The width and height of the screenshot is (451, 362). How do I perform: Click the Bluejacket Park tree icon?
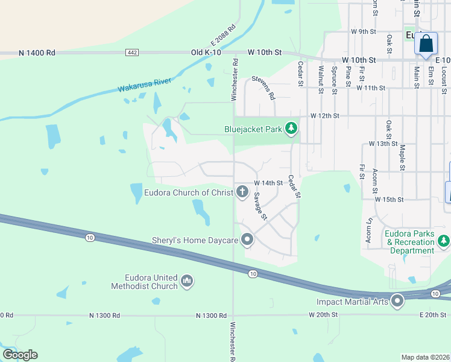[x=291, y=128]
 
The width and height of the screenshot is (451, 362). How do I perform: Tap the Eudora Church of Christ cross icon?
[x=242, y=192]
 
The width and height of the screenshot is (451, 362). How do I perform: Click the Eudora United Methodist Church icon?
[x=187, y=281]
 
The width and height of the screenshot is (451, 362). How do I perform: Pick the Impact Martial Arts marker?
[x=397, y=300]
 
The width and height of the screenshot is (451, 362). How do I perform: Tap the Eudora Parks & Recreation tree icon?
[x=444, y=241]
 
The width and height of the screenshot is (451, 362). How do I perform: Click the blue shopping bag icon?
[x=426, y=45]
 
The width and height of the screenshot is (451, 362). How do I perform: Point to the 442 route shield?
[x=133, y=52]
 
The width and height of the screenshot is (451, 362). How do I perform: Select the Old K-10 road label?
[x=207, y=52]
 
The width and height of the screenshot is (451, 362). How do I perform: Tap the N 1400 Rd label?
[x=37, y=52]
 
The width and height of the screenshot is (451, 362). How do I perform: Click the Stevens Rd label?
[x=263, y=87]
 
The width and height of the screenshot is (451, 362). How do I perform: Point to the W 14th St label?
[x=268, y=183]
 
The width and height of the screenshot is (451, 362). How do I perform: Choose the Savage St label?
[x=259, y=206]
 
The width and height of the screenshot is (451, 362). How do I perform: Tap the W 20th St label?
[x=325, y=315]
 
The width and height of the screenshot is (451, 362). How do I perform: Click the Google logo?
[x=19, y=355]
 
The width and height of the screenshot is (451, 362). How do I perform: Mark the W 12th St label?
[x=325, y=115]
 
